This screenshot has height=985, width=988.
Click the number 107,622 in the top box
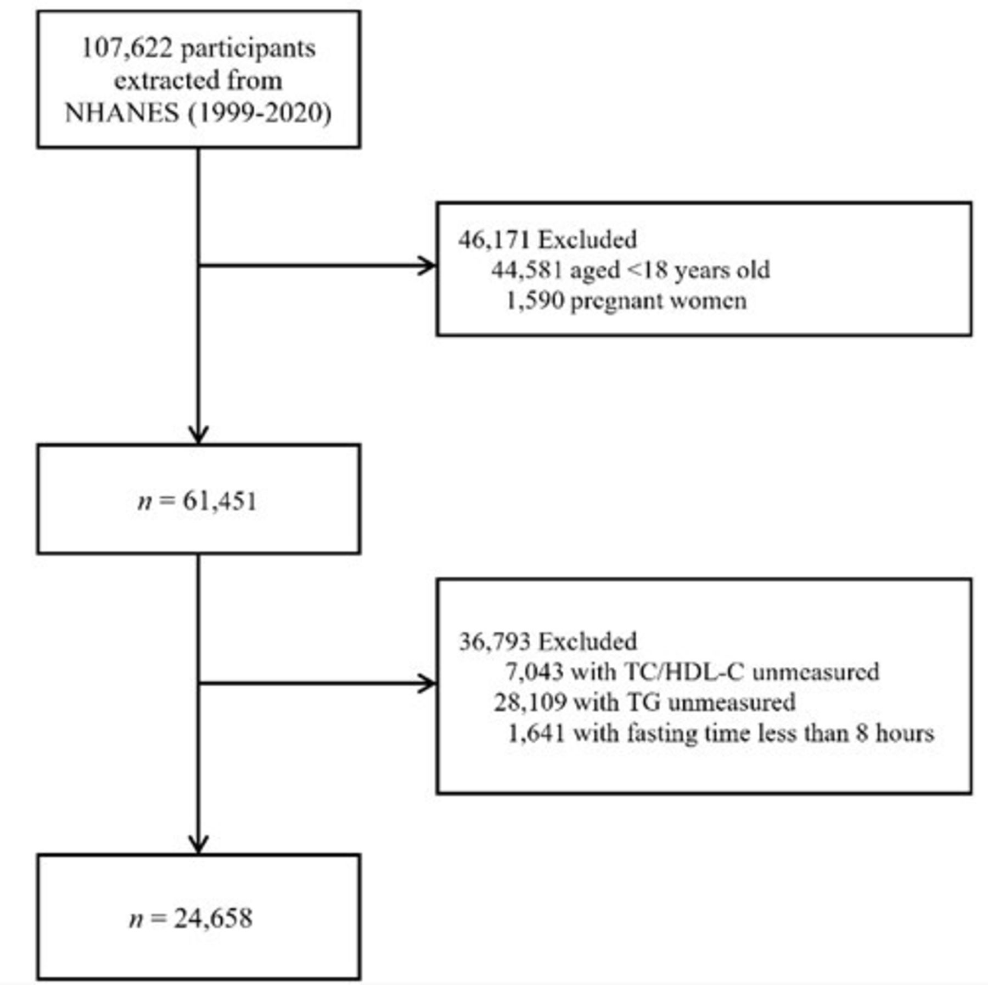pos(126,48)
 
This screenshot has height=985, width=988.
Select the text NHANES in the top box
pos(122,113)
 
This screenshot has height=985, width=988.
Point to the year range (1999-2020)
pos(260,114)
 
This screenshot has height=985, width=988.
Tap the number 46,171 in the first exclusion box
pos(494,240)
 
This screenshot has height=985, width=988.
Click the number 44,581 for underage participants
pos(527,270)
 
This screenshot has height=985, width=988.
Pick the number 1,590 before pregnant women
pos(535,301)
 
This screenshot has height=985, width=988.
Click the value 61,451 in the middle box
pos(220,502)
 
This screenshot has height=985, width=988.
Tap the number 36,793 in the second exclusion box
pos(495,642)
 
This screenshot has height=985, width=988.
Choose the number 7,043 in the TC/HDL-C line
pos(534,672)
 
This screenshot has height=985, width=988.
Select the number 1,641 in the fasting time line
pos(536,733)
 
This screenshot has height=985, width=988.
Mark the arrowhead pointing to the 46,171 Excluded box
pos(428,266)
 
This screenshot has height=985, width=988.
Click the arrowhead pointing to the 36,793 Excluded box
pos(428,683)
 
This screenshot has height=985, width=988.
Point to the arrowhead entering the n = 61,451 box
pos(198,435)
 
